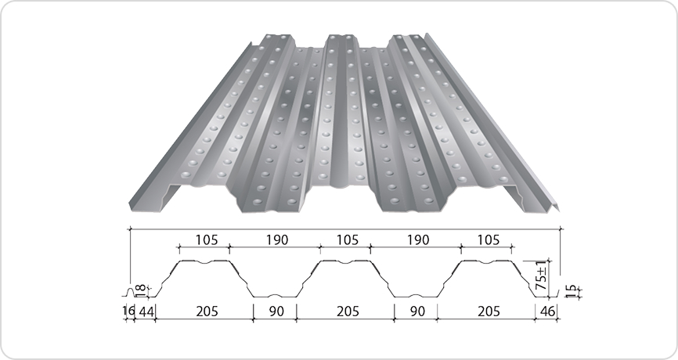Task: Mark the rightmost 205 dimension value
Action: tap(486, 311)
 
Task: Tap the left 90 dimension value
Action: tap(276, 311)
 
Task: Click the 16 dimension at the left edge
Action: tap(129, 311)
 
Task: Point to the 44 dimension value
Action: tap(146, 311)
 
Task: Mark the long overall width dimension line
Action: tap(345, 228)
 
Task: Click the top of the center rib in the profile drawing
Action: tap(345, 261)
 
